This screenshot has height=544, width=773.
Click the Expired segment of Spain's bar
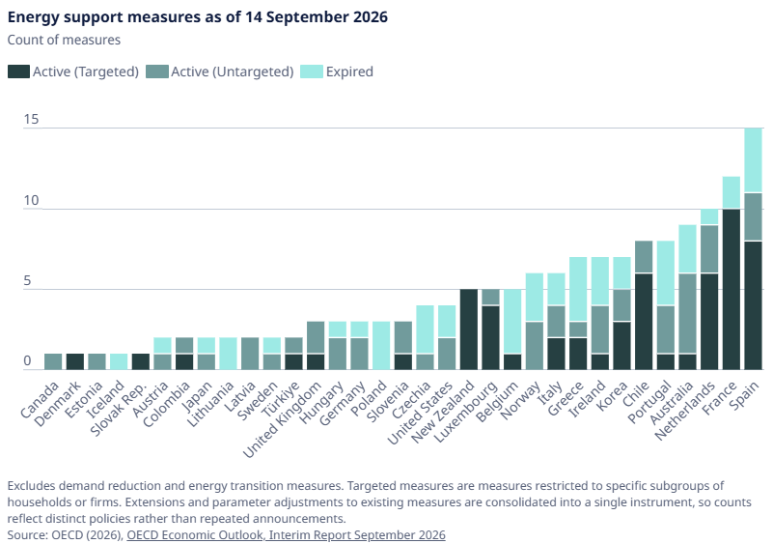(x=753, y=160)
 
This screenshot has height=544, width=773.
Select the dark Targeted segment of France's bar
(x=732, y=289)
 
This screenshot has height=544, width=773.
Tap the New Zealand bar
(x=469, y=329)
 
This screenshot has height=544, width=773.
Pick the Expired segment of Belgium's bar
(x=512, y=322)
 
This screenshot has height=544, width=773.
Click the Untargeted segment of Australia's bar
(x=687, y=313)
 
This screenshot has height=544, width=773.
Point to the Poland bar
(x=381, y=346)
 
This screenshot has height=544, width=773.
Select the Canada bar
(x=53, y=361)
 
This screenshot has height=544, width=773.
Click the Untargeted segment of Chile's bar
(x=644, y=257)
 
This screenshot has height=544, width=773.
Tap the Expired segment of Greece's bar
(x=578, y=289)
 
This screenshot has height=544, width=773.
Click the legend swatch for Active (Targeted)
(x=18, y=72)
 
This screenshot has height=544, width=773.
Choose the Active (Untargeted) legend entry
(x=220, y=72)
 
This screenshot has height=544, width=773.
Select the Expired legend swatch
(x=311, y=72)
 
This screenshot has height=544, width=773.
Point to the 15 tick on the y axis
(x=31, y=120)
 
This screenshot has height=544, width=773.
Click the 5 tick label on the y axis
(x=28, y=281)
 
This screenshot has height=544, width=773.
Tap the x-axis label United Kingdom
(x=283, y=420)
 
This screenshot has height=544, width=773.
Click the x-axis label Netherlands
(x=685, y=411)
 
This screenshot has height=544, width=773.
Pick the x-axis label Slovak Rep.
(x=120, y=410)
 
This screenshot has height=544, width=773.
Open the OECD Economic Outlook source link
(x=286, y=535)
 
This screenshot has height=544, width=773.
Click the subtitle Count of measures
(x=64, y=40)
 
